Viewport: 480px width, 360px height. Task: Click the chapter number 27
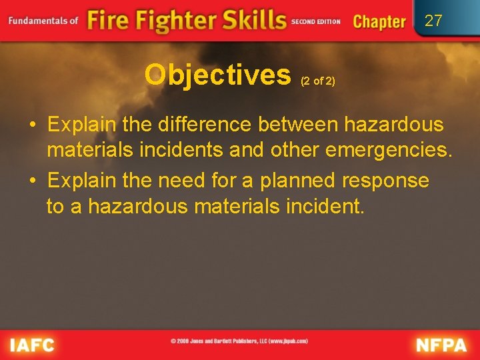tap(433, 21)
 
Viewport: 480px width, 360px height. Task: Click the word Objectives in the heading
tap(217, 75)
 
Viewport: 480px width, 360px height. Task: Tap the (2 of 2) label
tap(318, 81)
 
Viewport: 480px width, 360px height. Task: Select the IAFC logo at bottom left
tap(31, 345)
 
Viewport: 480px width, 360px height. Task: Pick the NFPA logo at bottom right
tap(441, 345)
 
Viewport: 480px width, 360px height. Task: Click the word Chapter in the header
tap(379, 21)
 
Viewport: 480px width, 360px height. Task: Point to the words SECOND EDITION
tap(316, 21)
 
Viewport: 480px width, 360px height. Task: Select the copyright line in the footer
tap(239, 341)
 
